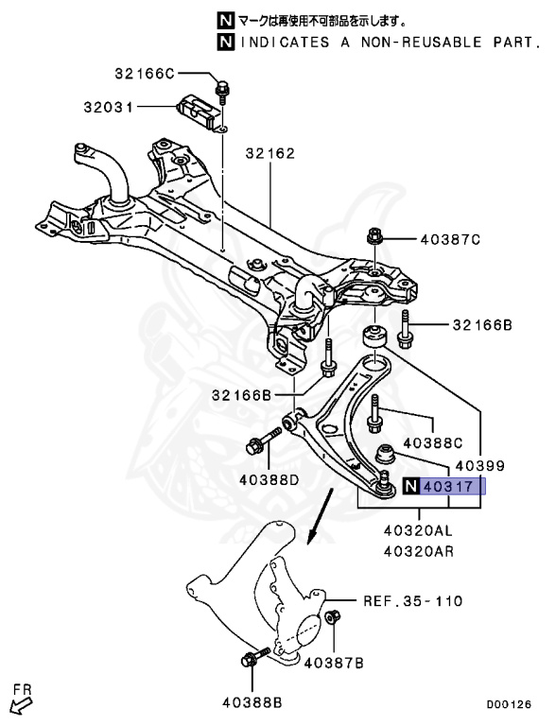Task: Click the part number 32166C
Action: click(x=145, y=74)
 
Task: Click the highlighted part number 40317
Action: click(x=453, y=487)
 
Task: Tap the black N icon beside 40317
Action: click(x=409, y=487)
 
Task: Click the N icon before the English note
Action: click(x=224, y=42)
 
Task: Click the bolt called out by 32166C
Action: click(x=222, y=91)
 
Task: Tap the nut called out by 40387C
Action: click(x=373, y=238)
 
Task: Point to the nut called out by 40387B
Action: click(x=331, y=619)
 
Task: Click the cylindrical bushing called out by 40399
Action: click(x=375, y=337)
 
